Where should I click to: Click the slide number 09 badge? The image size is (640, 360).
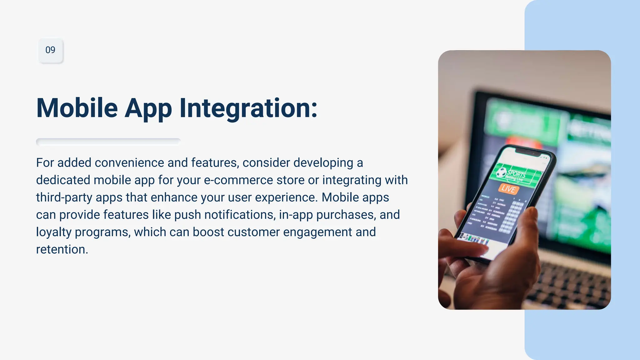(x=50, y=50)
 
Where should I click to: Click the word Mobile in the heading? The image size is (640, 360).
(x=77, y=108)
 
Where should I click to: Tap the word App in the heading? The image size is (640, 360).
(x=148, y=108)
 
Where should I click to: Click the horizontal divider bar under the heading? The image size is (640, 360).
(x=108, y=142)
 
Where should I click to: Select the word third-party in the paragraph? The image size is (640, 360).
(x=64, y=197)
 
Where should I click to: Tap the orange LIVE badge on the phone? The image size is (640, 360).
(x=508, y=189)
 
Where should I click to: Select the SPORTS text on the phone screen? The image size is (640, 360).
(x=516, y=174)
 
